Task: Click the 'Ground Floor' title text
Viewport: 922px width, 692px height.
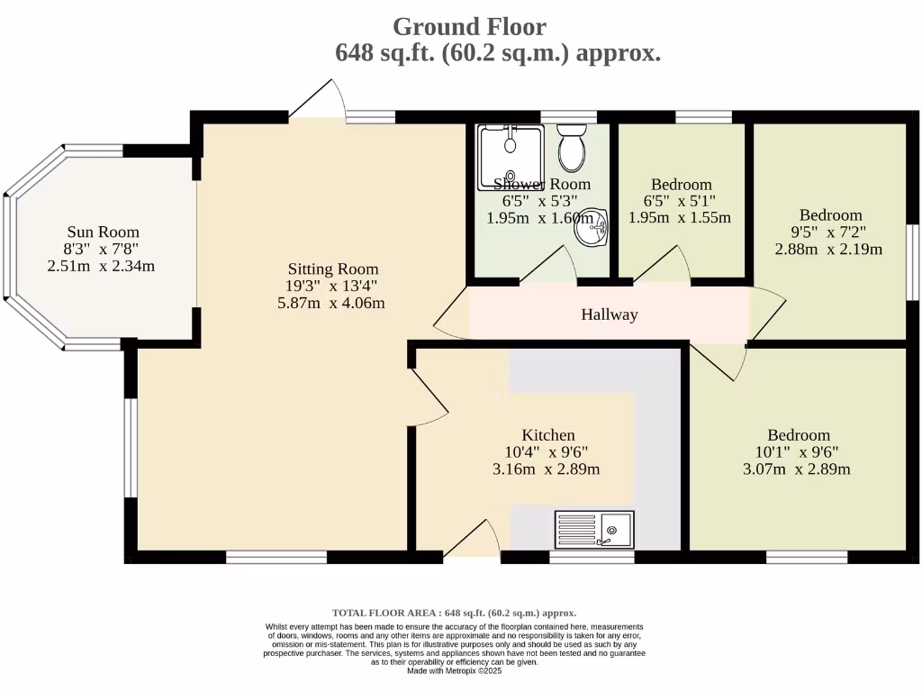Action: (469, 26)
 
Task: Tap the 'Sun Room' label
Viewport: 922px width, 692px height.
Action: (102, 232)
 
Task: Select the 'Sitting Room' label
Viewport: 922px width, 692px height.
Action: (333, 269)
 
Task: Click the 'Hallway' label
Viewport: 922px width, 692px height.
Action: (610, 314)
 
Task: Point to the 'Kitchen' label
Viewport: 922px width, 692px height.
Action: (548, 435)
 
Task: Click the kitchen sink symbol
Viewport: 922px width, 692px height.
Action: (594, 529)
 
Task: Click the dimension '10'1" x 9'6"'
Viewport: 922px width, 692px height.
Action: (798, 452)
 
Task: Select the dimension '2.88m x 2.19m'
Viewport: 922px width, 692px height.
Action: (829, 250)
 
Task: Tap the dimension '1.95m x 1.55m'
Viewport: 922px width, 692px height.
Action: (679, 218)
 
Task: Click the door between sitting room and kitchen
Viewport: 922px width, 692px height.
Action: (429, 396)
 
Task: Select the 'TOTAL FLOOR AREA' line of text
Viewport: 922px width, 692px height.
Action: (454, 613)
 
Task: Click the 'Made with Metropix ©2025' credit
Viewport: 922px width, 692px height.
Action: (454, 671)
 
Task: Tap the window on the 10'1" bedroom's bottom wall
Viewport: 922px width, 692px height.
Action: (807, 557)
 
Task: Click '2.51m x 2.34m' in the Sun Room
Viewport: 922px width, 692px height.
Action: (102, 266)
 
